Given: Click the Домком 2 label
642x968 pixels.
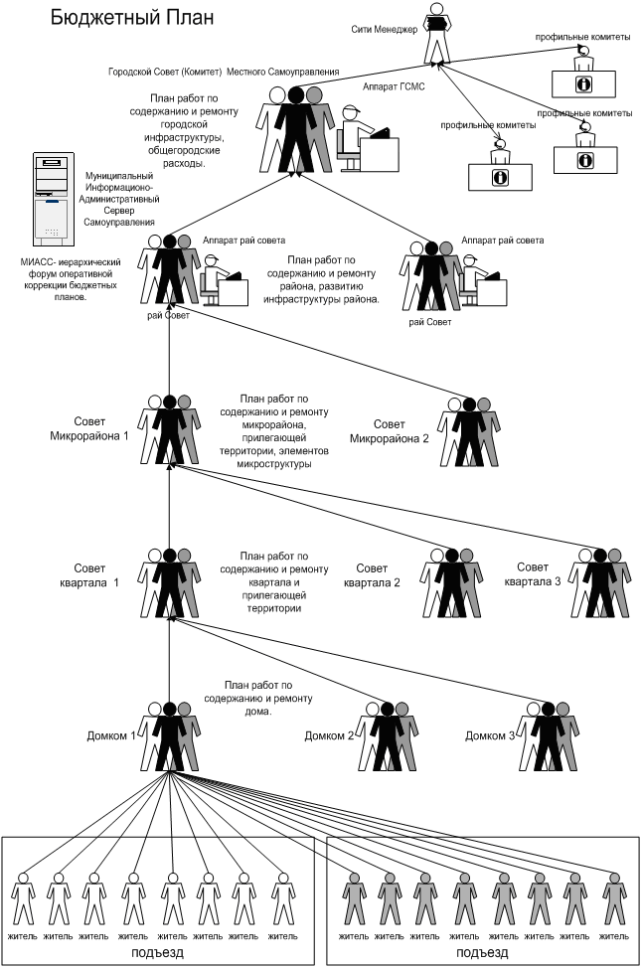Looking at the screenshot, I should click(328, 735).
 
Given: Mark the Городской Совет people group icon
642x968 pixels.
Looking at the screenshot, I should click(294, 125).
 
